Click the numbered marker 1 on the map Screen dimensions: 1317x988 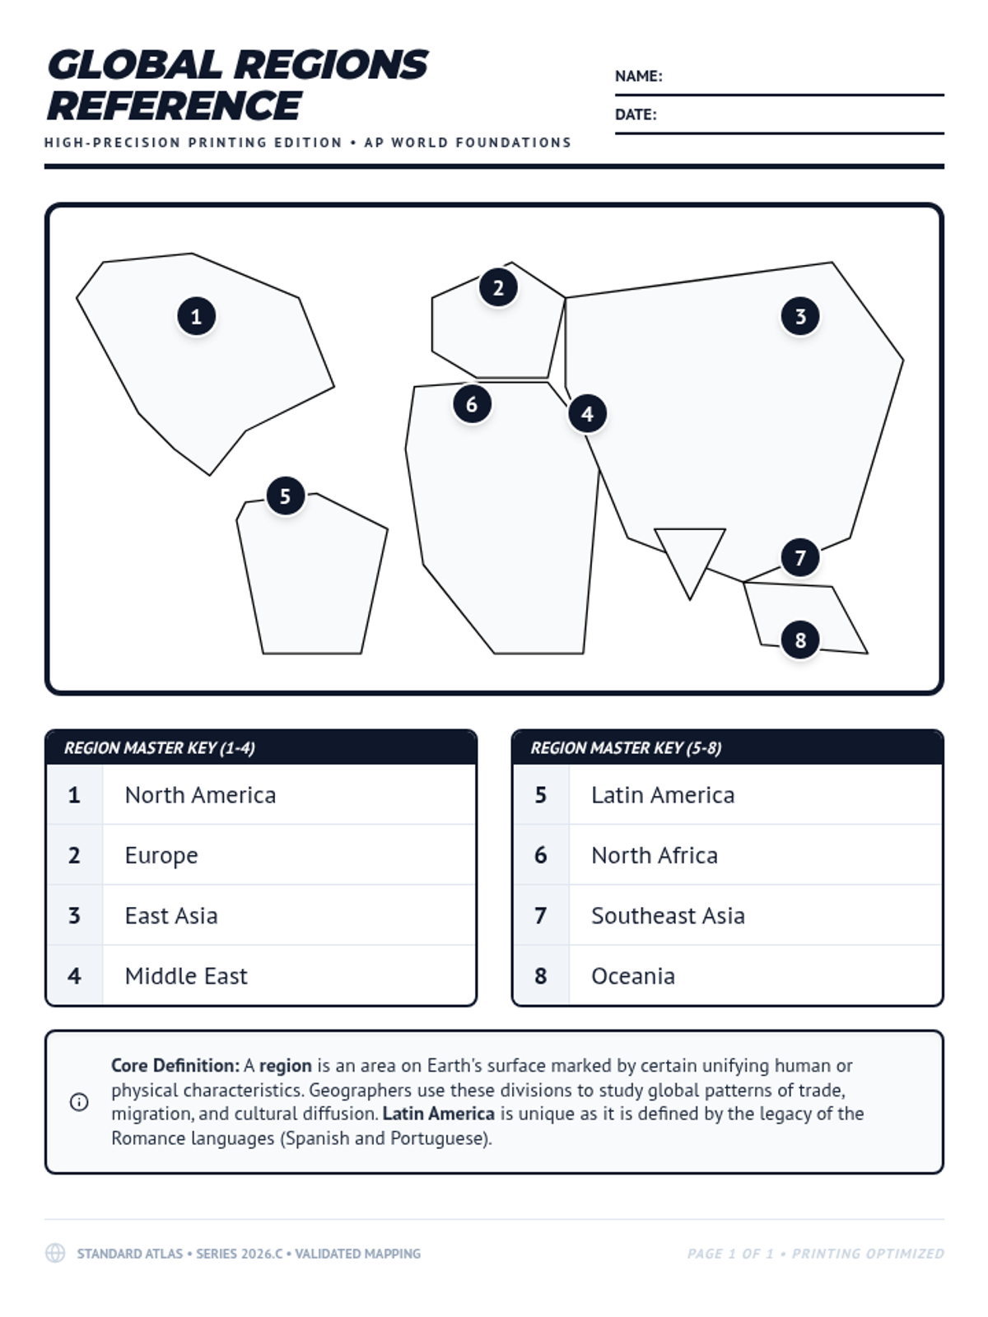tap(196, 316)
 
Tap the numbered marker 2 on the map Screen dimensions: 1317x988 tap(498, 287)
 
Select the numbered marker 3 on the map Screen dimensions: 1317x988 tap(800, 316)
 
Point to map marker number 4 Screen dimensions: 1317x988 tap(587, 413)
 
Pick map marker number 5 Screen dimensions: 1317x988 tap(285, 496)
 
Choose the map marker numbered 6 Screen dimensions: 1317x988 tap(472, 404)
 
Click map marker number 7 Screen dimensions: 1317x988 tap(800, 558)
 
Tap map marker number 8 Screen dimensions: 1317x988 tap(800, 640)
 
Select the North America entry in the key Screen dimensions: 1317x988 tap(200, 795)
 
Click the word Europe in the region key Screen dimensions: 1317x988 tap(161, 855)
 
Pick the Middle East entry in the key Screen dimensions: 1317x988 tap(186, 976)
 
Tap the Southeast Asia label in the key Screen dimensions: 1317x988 tap(668, 916)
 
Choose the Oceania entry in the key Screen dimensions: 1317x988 tap(633, 976)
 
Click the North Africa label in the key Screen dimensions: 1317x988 tap(655, 855)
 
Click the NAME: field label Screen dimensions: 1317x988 tap(638, 77)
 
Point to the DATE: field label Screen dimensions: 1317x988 tap(636, 115)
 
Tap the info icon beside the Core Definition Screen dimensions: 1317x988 tap(79, 1102)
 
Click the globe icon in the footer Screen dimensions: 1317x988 tap(55, 1254)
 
